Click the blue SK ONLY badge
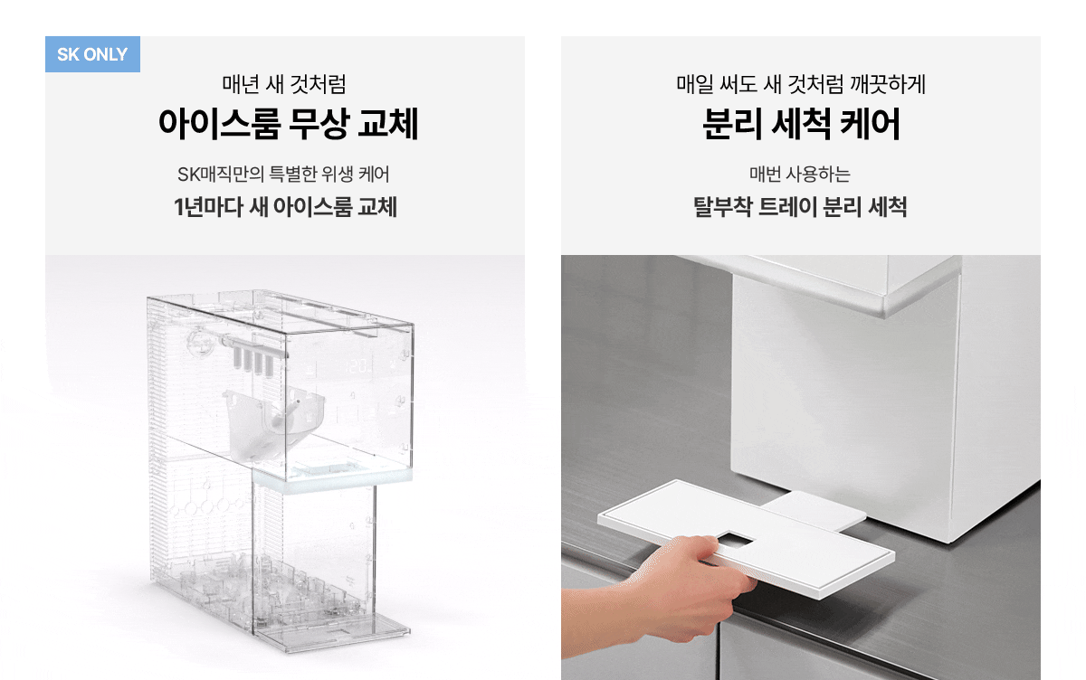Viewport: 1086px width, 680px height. [x=92, y=54]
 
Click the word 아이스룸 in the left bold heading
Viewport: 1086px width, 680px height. [x=220, y=124]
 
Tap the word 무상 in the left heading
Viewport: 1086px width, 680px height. [x=319, y=124]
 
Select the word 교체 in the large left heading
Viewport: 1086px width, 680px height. [x=388, y=124]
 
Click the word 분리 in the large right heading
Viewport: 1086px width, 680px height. [x=733, y=124]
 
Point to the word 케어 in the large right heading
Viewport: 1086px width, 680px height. [x=870, y=124]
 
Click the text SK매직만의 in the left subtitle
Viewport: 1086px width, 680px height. [x=220, y=175]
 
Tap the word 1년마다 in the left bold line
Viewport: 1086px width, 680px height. [x=208, y=207]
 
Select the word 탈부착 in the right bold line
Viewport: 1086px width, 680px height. [x=722, y=207]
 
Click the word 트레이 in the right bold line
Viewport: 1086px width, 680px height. [x=787, y=207]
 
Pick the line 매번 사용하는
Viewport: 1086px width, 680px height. [x=800, y=175]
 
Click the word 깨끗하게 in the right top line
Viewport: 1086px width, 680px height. [x=887, y=84]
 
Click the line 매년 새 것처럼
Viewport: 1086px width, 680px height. [x=284, y=84]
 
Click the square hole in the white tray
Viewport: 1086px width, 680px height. [x=735, y=540]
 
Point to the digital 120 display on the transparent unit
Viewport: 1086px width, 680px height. [x=359, y=365]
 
